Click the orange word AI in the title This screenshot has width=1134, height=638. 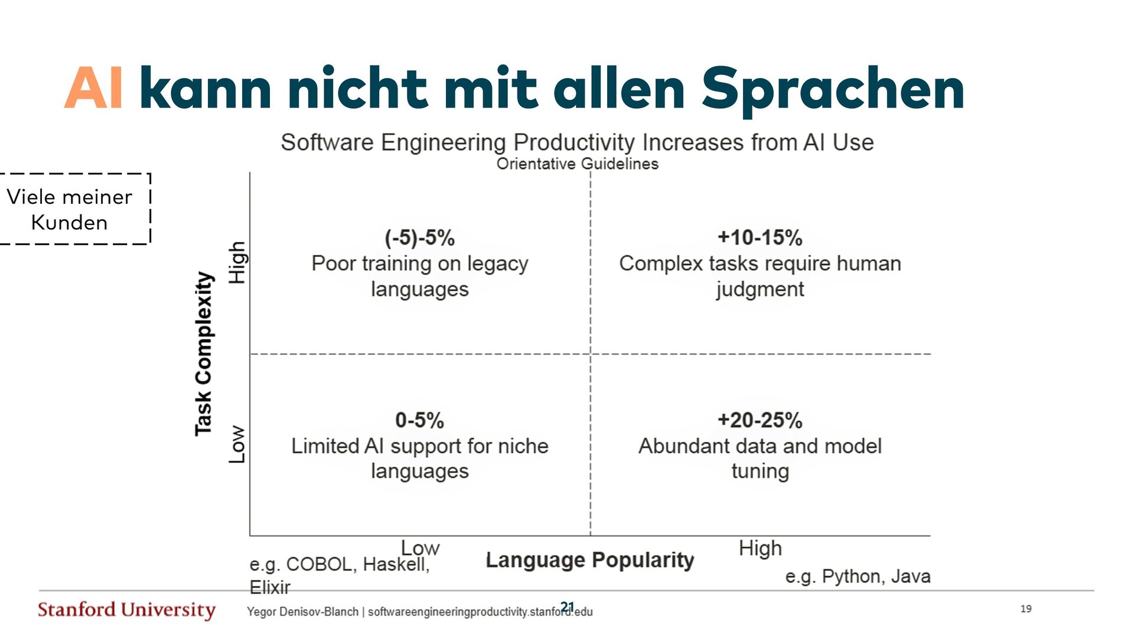tap(94, 89)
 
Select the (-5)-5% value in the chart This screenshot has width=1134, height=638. tap(420, 238)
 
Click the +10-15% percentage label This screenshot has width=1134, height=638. tap(760, 237)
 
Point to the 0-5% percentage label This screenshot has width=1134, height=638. tap(419, 420)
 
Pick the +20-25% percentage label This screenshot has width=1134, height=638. tap(760, 420)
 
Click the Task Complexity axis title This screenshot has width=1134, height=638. tap(204, 354)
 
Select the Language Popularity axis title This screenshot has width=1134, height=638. tap(589, 559)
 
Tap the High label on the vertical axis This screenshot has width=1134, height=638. tap(237, 262)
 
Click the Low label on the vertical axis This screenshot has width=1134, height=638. tap(237, 444)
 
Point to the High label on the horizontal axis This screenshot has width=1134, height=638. tap(760, 548)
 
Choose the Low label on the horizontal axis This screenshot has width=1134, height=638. tap(420, 548)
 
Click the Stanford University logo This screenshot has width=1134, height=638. tap(126, 610)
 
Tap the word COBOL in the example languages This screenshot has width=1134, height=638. tap(319, 565)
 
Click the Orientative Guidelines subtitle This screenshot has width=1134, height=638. tap(577, 164)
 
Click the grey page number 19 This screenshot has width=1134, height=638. tap(1026, 608)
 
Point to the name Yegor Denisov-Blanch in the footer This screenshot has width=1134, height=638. tap(302, 612)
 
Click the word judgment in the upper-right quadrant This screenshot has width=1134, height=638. tap(760, 289)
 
